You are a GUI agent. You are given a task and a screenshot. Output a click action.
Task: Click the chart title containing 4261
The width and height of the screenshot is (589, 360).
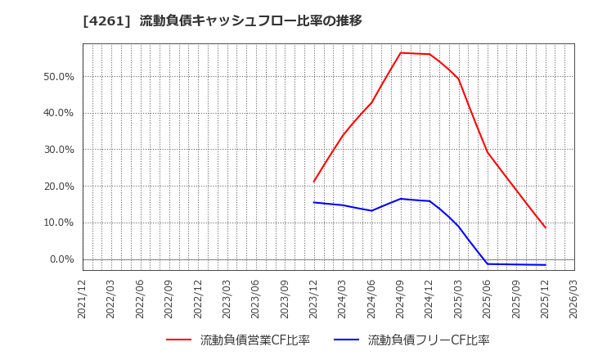pyautogui.click(x=223, y=21)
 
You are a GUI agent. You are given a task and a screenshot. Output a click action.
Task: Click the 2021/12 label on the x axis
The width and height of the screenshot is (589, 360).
pyautogui.click(x=83, y=299)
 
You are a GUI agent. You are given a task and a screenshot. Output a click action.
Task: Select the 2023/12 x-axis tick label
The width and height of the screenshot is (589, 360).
pyautogui.click(x=314, y=299)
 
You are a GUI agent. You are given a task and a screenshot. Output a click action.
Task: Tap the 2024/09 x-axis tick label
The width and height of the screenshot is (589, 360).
pyautogui.click(x=401, y=299)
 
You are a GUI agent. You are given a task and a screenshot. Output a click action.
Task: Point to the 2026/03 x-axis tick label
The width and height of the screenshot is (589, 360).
pyautogui.click(x=574, y=299)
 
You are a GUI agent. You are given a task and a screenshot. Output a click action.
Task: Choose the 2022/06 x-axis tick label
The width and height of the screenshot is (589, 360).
pyautogui.click(x=141, y=299)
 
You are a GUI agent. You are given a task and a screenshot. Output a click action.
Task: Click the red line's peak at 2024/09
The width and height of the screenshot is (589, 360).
pyautogui.click(x=401, y=52)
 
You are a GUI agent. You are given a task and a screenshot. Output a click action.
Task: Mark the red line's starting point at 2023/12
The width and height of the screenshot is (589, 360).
pyautogui.click(x=314, y=182)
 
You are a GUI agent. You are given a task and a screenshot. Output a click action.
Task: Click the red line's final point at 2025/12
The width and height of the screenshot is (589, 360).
pyautogui.click(x=546, y=227)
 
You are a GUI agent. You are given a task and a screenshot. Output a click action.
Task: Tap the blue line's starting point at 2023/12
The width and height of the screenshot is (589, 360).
pyautogui.click(x=314, y=202)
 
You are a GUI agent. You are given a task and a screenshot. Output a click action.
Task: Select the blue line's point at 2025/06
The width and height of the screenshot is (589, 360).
pyautogui.click(x=488, y=263)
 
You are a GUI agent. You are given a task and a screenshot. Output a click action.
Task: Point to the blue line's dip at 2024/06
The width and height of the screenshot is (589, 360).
pyautogui.click(x=371, y=211)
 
